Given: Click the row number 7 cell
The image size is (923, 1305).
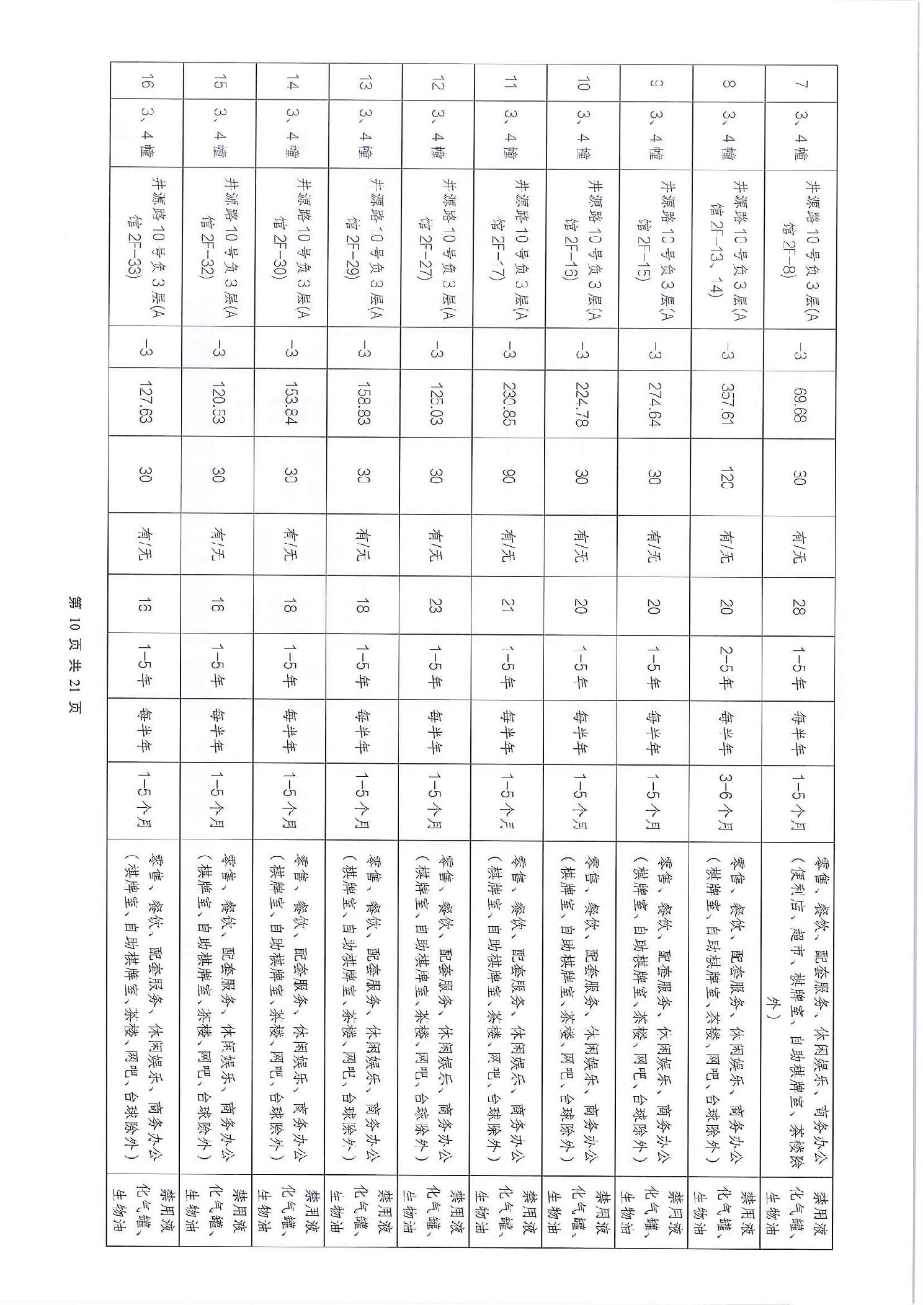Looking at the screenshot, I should click(800, 84).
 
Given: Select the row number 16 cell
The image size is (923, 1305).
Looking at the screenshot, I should click(145, 84).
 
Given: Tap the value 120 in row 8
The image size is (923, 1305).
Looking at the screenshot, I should click(727, 476).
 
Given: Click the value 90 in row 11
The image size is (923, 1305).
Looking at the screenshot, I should click(509, 476).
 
